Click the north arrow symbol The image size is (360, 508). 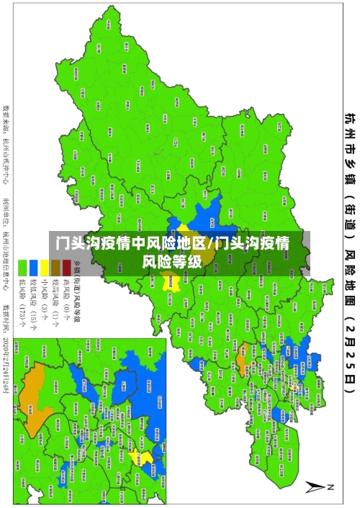click(315, 488)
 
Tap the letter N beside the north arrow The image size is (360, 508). click(330, 487)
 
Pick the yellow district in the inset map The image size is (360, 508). click(145, 458)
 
